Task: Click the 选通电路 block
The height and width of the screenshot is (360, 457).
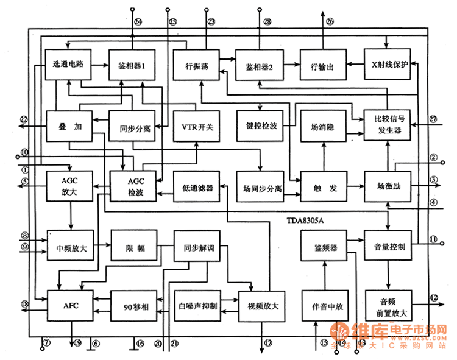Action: click(68, 65)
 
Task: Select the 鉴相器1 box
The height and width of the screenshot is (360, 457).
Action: click(130, 65)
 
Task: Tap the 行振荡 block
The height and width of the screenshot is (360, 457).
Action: click(194, 65)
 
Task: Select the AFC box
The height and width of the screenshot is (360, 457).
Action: click(68, 305)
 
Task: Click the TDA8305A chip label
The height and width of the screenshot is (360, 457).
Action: click(305, 219)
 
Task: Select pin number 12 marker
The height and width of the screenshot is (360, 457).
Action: click(433, 298)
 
